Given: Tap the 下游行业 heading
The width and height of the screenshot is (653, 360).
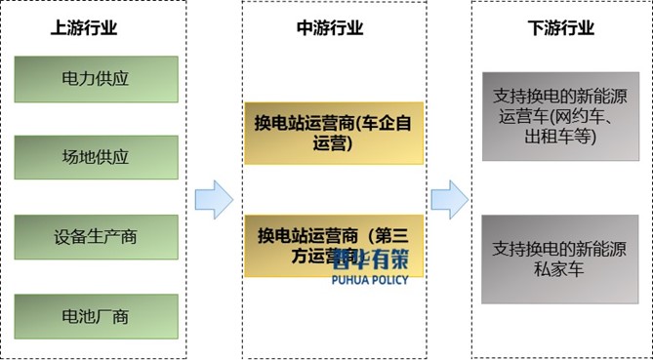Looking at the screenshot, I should (x=560, y=28).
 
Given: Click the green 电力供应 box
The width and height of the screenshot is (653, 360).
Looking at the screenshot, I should (x=96, y=79).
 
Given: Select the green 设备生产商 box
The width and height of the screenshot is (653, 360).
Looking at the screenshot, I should (x=96, y=237).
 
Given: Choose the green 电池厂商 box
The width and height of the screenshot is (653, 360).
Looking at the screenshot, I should (x=96, y=316).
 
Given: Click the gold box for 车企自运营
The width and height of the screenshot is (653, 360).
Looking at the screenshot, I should (x=334, y=134).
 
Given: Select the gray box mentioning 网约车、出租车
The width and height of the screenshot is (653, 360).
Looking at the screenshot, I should (x=560, y=115).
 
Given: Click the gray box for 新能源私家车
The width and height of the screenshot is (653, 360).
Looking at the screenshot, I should (x=560, y=256).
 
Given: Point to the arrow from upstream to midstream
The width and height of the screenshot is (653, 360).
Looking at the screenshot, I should (x=214, y=199).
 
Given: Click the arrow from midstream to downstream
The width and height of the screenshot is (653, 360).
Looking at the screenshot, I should (x=449, y=199).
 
